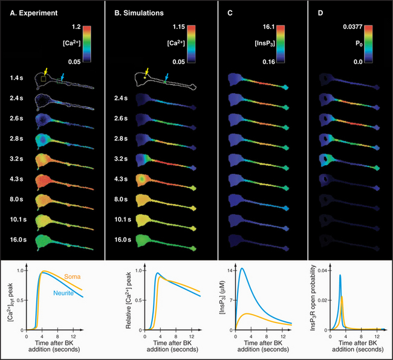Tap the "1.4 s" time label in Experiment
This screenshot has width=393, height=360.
pos(17,78)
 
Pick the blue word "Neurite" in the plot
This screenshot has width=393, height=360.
pos(67,293)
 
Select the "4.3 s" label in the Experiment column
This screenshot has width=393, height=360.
pos(17,180)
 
